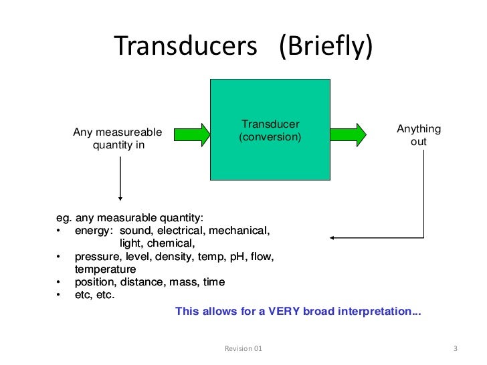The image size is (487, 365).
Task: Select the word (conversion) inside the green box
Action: (x=270, y=137)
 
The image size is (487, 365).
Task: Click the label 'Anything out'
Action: (x=419, y=136)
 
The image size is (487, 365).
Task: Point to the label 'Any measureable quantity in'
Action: (x=118, y=138)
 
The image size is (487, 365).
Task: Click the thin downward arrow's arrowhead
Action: (x=120, y=197)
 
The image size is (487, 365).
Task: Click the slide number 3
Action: (x=455, y=349)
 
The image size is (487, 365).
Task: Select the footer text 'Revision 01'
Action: (x=243, y=349)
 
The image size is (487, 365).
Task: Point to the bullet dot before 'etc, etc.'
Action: (x=59, y=295)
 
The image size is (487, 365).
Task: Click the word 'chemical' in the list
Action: (x=174, y=243)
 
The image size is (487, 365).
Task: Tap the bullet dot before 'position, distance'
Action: (x=59, y=282)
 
